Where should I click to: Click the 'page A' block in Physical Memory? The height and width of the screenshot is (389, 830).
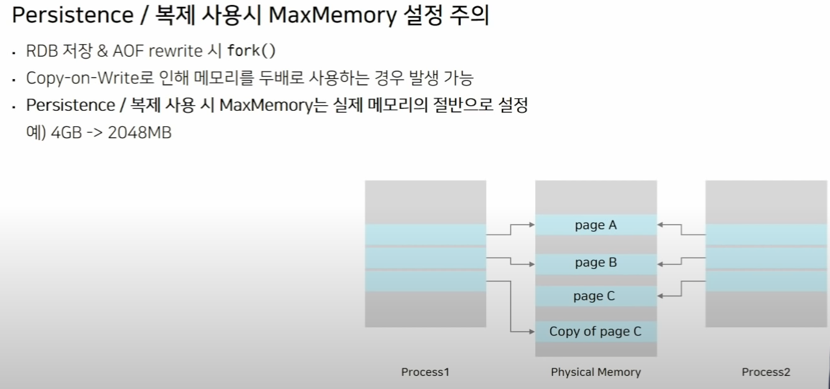pos(596,225)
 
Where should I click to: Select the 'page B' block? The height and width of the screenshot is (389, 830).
pos(596,263)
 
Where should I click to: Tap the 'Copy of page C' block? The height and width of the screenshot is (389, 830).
pos(596,331)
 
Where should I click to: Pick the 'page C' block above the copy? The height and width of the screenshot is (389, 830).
pos(594,296)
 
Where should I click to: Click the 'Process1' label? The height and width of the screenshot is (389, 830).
pos(425,372)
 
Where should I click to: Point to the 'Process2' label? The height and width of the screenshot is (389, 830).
pos(766,372)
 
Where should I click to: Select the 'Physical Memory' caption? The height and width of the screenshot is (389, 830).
pos(596,372)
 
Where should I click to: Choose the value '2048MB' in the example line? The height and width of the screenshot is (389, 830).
pos(140,133)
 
